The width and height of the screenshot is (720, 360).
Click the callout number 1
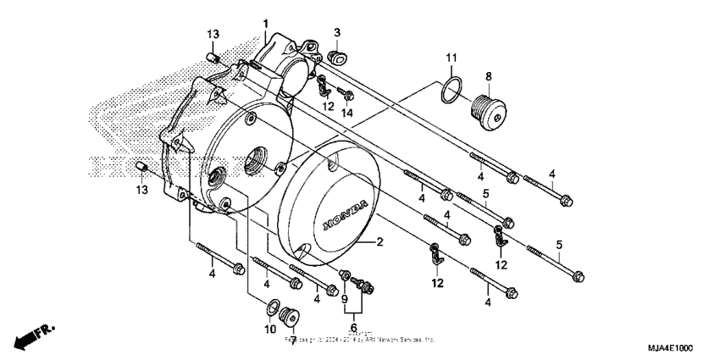265,23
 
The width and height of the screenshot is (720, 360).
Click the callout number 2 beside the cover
380,242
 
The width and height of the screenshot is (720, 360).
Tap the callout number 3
336,32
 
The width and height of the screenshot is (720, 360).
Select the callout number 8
488,75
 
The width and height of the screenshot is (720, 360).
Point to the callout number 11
451,57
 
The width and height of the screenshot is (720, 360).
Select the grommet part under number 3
335,57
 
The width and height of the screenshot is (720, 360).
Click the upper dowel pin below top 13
214,58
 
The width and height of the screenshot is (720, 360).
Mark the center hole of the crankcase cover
255,162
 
